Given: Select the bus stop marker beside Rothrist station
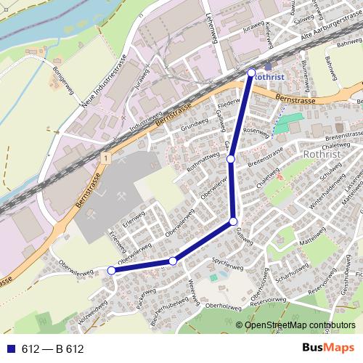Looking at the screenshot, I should (252, 73).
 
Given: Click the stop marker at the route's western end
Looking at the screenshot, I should (111, 270).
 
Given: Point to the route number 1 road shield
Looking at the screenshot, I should (106, 158).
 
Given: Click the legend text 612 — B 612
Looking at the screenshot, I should (52, 348).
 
